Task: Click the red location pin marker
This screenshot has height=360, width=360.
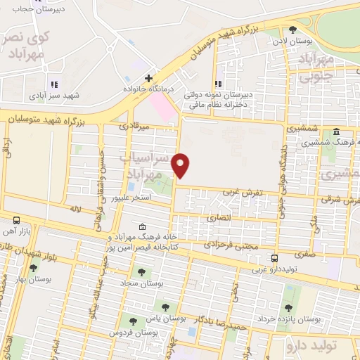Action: [181, 166]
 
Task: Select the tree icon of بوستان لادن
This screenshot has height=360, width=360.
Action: [292, 30]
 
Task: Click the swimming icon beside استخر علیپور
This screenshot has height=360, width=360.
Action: [131, 186]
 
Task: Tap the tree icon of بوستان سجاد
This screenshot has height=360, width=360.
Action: [142, 271]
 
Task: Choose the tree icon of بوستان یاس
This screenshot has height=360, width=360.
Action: [166, 307]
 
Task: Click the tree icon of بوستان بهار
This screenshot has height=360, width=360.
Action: [33, 268]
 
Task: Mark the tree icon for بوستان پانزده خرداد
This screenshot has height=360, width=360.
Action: [288, 307]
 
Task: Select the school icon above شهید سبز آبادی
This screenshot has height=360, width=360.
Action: [53, 84]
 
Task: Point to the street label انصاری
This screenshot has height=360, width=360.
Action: [218, 219]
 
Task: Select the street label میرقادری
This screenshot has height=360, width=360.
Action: [134, 127]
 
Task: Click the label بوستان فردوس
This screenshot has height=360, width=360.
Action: [145, 331]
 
